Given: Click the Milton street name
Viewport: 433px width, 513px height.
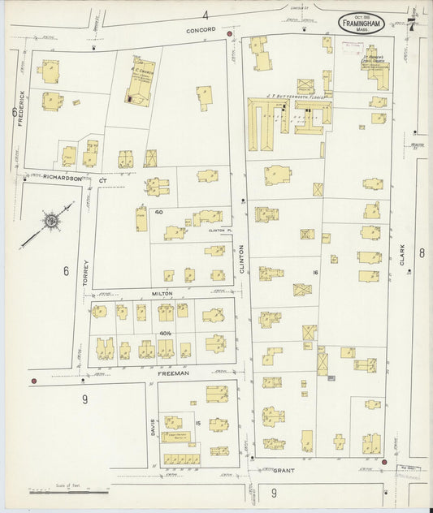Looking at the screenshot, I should click(x=162, y=293).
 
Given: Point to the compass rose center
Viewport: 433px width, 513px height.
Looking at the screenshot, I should click(x=50, y=220).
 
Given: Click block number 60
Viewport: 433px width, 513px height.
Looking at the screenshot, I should click(x=159, y=212).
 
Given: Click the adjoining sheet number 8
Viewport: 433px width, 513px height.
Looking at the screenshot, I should click(x=422, y=252).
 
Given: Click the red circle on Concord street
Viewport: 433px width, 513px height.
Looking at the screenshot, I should click(x=230, y=34).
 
